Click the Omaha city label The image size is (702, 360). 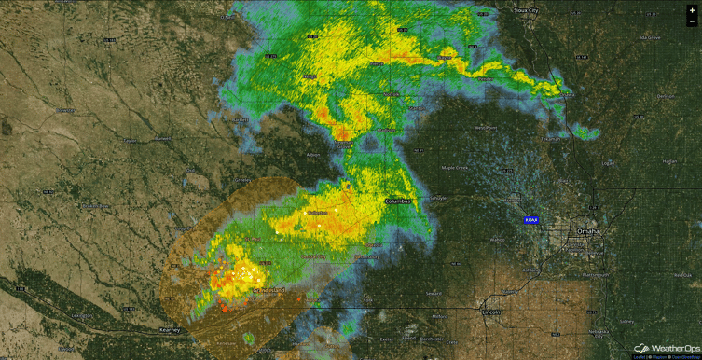[588, 230]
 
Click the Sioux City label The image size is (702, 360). [528, 11]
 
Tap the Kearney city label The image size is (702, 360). [169, 329]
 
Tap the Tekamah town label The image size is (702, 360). [551, 138]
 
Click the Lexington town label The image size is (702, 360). [83, 315]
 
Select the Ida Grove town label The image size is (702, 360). [650, 37]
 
